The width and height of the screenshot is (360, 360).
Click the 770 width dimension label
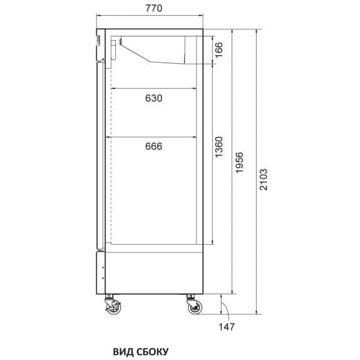coord(153,8)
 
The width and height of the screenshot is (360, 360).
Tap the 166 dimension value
coord(219,50)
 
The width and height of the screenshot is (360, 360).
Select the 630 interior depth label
coord(153,98)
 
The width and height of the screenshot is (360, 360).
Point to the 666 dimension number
coord(153,147)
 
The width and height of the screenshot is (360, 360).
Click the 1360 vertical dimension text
coord(219,147)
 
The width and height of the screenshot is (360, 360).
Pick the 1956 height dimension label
coord(239,162)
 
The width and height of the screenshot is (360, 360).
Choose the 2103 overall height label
coord(264,180)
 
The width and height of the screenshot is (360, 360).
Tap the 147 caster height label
coord(227,327)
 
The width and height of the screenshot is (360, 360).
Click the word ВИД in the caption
coord(123,351)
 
